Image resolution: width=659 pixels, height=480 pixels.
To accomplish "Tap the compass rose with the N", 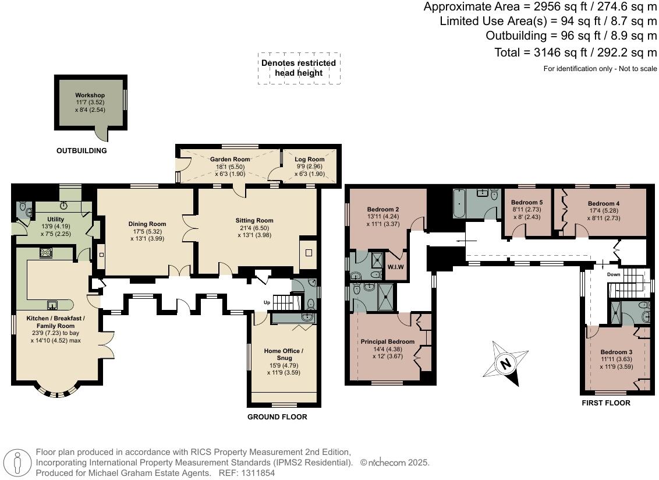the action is (505, 363).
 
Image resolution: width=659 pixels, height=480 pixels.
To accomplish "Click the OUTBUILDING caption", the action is (82, 151).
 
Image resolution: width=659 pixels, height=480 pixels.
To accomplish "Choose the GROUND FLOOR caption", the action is (277, 417).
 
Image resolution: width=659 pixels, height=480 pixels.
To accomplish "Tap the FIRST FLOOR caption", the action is (605, 403).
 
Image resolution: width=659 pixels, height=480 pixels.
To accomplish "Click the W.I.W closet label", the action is (395, 267).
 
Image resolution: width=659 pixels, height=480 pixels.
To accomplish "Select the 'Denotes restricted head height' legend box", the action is (299, 68).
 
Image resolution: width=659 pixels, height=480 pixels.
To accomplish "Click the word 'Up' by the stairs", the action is (267, 302).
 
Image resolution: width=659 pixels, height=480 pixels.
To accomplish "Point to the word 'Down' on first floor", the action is (613, 274).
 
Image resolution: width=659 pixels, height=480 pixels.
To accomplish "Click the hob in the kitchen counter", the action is (46, 253).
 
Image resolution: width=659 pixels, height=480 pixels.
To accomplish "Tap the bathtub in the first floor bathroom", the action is (459, 203).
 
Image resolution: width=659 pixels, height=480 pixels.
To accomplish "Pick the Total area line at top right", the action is (575, 52).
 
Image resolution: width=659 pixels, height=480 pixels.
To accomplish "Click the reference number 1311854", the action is (258, 473).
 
